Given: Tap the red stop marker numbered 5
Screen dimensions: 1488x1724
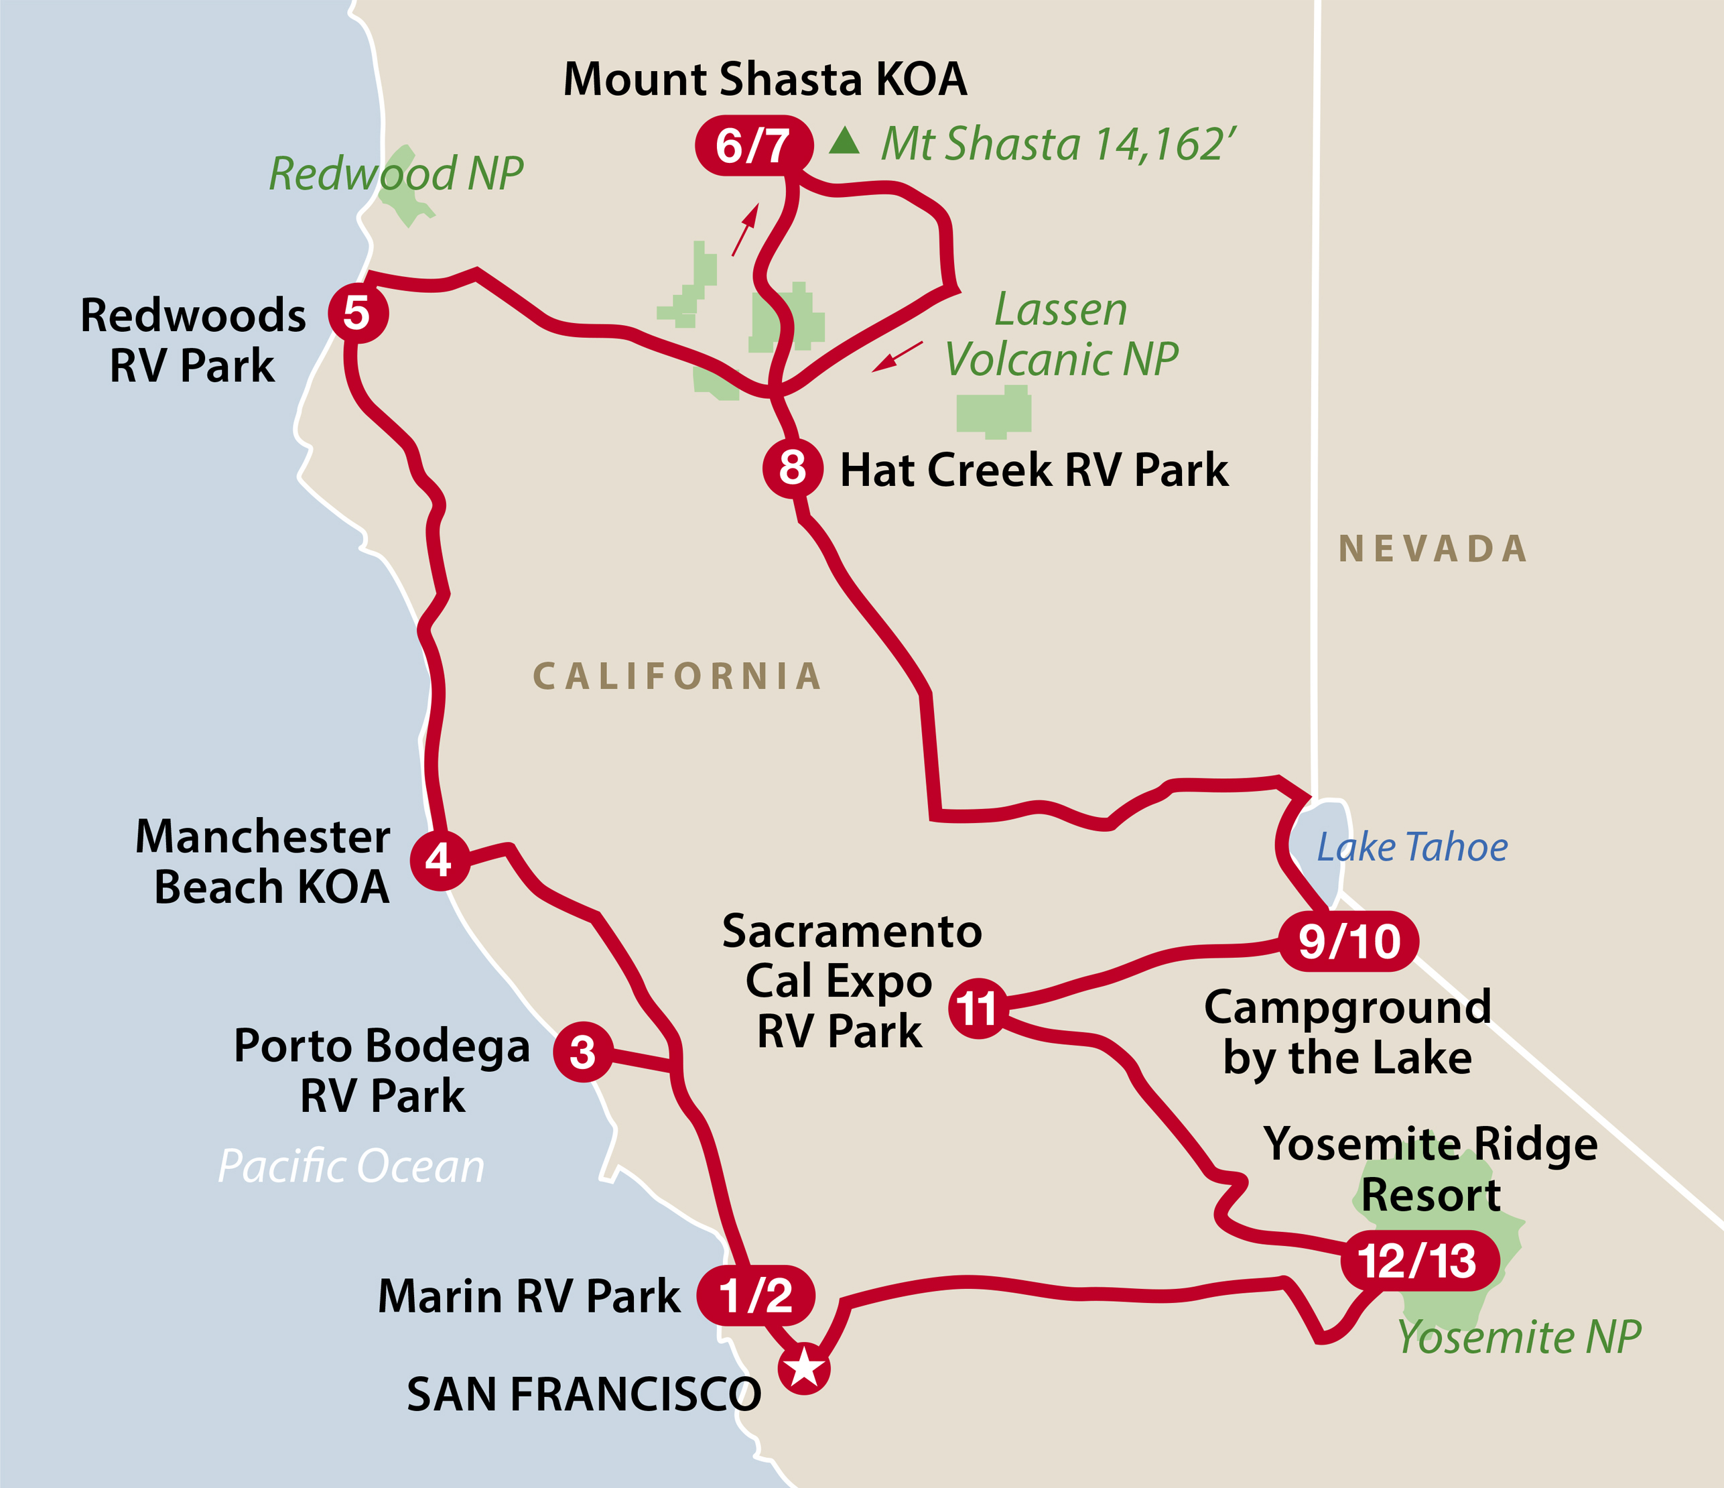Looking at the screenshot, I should coord(358,312).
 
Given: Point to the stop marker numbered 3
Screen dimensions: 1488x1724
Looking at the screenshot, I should coord(583,1052).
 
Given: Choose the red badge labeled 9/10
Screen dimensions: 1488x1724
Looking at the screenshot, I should coord(1348,941).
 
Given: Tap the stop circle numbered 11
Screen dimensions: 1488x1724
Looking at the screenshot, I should coord(978,1009).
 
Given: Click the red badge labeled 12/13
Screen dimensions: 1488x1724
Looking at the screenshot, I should coord(1418,1260).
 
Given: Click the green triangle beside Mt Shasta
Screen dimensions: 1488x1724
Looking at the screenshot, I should coord(844,141).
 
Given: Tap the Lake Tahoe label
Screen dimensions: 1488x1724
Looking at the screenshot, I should coord(1411,847).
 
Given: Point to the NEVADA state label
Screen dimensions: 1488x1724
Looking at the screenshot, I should coord(1433,549).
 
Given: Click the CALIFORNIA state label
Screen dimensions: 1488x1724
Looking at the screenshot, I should coord(677,676).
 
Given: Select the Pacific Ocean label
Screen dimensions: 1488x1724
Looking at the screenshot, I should coord(350,1166).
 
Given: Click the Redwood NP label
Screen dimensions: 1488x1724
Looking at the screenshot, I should coord(396,173).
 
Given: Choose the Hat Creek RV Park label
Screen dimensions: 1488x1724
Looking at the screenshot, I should coord(1033,471).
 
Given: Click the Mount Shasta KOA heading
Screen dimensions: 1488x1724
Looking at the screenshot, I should coord(765,80).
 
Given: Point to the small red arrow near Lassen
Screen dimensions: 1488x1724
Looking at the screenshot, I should coord(897,356).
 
